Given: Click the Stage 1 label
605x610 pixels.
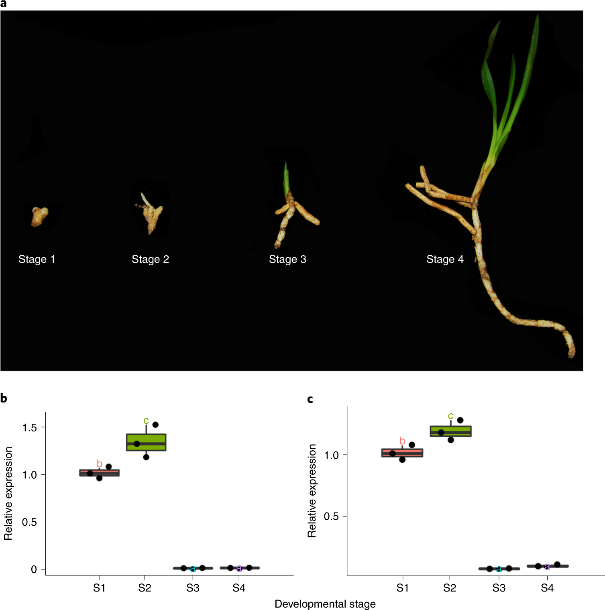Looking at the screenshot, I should (37, 259).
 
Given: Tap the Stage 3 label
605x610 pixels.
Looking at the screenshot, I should (287, 259).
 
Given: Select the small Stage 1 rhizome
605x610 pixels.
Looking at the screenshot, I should (39, 216).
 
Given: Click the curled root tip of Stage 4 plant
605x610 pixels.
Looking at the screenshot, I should (571, 351).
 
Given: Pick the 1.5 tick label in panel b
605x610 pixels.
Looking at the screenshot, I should (29, 427).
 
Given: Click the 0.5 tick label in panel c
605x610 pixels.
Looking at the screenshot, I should (331, 516).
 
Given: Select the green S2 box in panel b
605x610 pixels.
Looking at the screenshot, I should (146, 442).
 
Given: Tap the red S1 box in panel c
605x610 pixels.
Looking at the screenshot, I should (402, 453).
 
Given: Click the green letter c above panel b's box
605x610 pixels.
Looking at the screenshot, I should (146, 420).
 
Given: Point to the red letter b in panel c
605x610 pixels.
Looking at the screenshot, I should (402, 441).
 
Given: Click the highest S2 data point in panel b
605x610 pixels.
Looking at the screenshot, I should (155, 425).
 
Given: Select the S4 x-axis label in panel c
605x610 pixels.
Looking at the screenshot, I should (547, 588).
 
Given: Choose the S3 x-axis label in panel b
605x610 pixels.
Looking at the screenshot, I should (193, 588).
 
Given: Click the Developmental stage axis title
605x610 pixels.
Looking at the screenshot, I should (325, 604).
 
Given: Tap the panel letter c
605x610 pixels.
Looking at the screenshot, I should (310, 399).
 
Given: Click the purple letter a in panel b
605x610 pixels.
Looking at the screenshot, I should (239, 568).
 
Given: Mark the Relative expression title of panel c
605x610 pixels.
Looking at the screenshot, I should (312, 490).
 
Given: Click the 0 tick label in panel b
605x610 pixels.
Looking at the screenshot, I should (34, 569).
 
